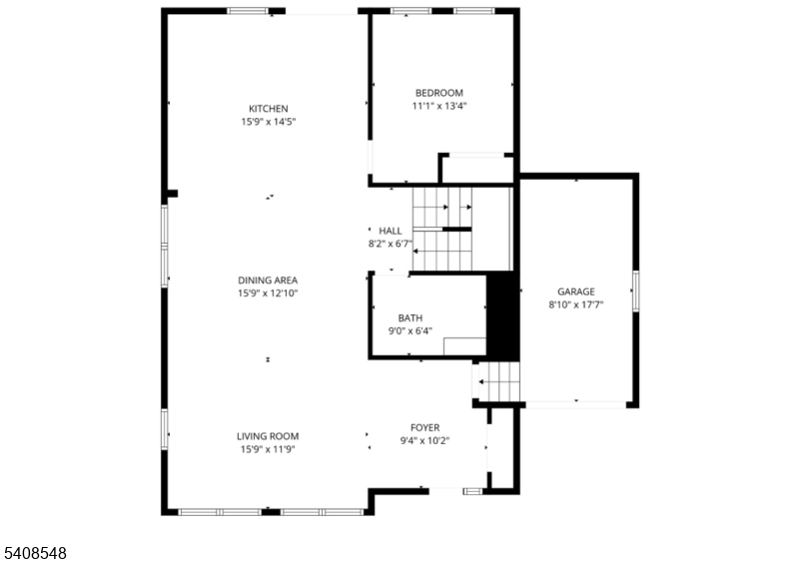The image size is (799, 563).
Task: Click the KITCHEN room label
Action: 268,109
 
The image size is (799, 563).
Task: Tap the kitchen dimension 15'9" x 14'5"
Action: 268,122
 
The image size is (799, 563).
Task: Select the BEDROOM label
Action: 439,93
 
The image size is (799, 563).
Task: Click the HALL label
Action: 391,231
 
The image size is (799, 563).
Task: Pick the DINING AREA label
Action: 268,281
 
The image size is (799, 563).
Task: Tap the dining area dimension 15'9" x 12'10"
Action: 268,293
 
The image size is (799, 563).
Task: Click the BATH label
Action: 410,317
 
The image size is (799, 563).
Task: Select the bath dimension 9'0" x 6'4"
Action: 410,330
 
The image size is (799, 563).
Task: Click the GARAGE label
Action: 576,291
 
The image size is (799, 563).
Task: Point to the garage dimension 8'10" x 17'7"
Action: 576,304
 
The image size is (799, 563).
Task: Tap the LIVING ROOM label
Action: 268,436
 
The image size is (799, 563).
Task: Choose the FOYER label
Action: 424,427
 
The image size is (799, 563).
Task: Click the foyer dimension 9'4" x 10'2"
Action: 424,440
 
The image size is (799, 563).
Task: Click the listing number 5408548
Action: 34,551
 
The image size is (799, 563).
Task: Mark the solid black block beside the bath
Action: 502,315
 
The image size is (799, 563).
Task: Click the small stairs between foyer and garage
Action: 498,381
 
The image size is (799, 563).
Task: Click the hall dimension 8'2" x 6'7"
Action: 391,244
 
